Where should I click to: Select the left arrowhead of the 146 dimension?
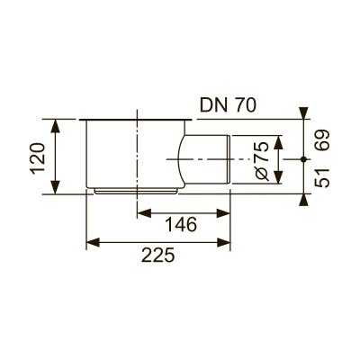(x=142, y=213)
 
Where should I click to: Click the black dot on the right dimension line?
(x=301, y=158)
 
